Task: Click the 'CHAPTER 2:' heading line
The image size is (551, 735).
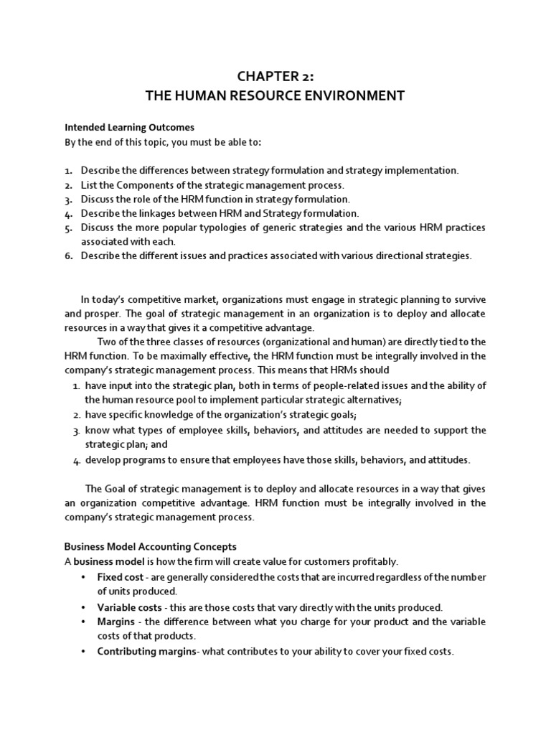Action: pyautogui.click(x=275, y=78)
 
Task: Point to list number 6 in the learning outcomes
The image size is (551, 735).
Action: pyautogui.click(x=69, y=256)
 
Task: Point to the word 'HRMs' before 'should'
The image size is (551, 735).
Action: pyautogui.click(x=348, y=370)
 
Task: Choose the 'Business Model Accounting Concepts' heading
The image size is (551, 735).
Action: pyautogui.click(x=150, y=546)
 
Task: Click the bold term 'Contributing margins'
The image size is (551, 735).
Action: pyautogui.click(x=146, y=652)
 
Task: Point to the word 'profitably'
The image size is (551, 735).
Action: pyautogui.click(x=376, y=561)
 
